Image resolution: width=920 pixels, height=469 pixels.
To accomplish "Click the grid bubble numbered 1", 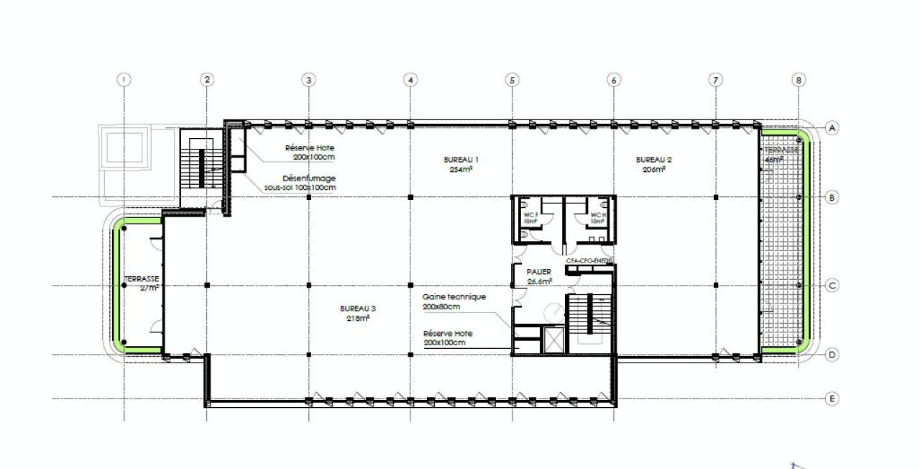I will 125,80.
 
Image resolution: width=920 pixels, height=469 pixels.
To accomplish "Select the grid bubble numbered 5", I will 512,80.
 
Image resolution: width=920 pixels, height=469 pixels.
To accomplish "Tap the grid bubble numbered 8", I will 799,80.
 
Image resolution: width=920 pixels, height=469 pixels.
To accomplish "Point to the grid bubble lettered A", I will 832,128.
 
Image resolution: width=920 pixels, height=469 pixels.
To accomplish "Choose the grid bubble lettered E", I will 832,398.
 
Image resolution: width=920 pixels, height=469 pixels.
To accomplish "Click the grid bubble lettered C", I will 832,286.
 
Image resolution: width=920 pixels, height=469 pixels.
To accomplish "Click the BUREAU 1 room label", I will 461,159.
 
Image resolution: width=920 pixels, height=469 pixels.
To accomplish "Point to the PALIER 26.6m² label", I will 539,276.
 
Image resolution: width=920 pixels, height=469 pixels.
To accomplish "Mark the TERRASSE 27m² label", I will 142,282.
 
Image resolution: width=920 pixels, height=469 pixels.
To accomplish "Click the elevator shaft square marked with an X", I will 553,339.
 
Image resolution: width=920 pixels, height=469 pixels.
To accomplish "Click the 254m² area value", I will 461,170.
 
